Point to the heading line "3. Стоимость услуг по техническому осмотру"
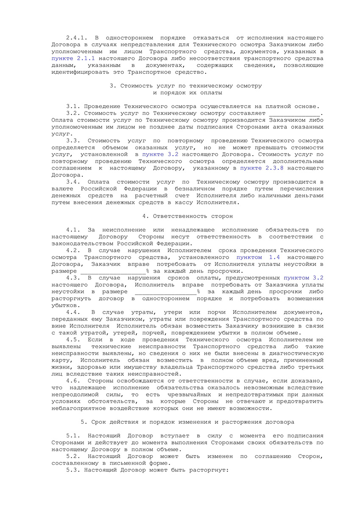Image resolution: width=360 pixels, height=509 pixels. pos(186,86)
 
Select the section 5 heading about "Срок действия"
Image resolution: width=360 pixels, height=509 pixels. pos(187,422)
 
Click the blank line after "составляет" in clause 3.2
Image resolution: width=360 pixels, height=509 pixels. pos(295,113)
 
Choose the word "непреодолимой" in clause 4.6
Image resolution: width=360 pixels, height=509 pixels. pos(75,394)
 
